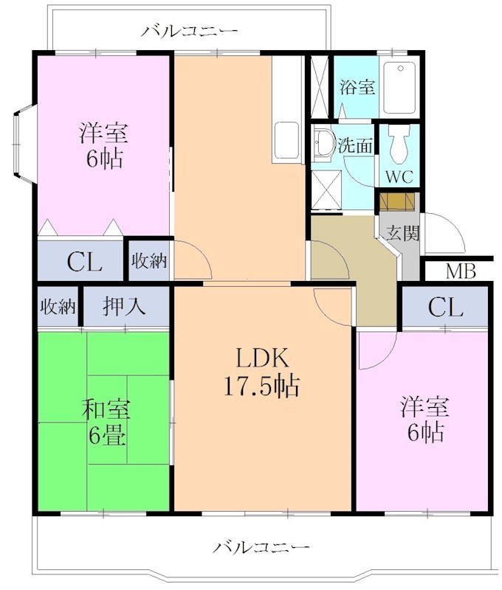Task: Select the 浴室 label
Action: (357, 87)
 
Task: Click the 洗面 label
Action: (355, 145)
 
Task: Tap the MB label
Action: (459, 271)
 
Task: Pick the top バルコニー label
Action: (190, 31)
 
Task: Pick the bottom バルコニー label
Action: (261, 547)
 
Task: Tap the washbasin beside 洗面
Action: (322, 142)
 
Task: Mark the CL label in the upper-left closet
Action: (83, 262)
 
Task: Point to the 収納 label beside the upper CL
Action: (149, 260)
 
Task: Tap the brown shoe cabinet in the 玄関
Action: (397, 201)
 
